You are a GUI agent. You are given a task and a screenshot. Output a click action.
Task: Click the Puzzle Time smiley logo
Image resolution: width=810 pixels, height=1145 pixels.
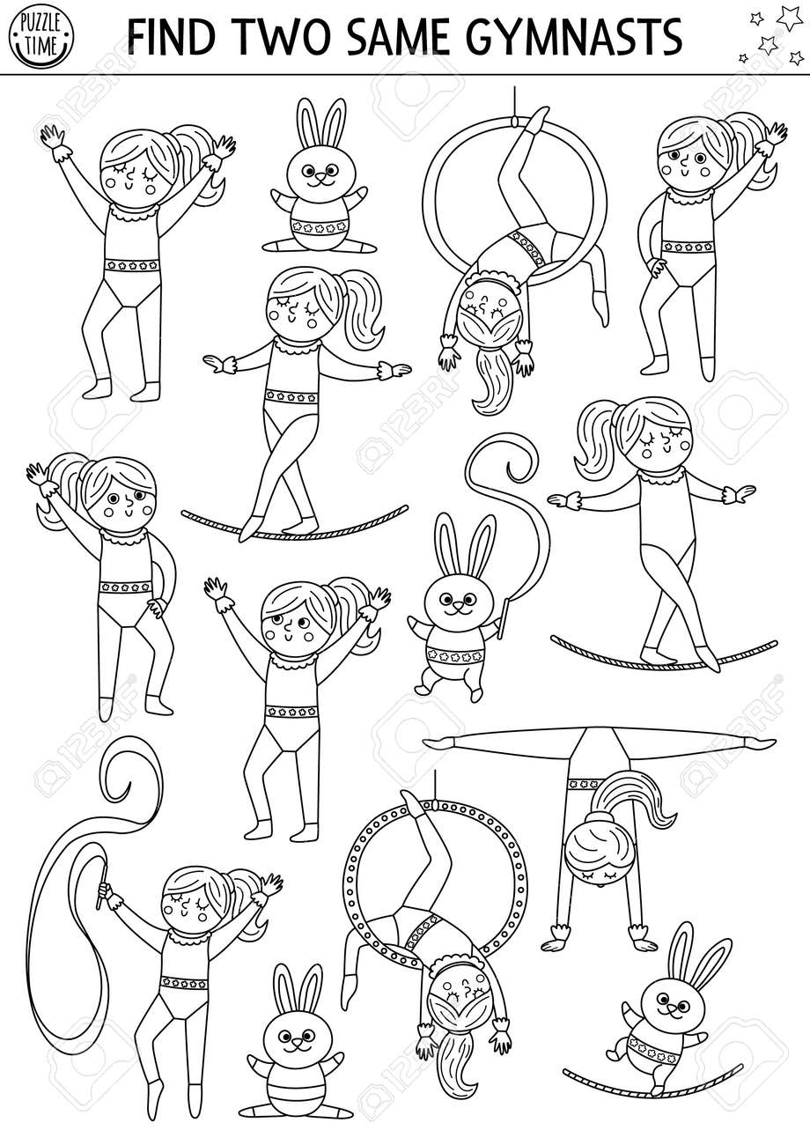click(40, 38)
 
